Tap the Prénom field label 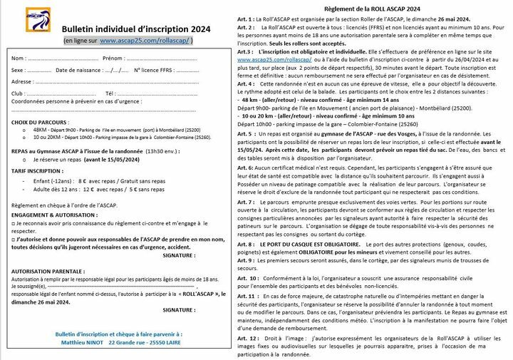tap(115, 57)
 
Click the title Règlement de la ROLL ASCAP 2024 tap(364, 7)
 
